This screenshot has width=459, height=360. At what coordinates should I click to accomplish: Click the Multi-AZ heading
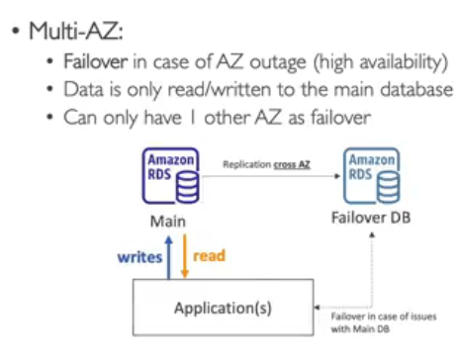tap(76, 32)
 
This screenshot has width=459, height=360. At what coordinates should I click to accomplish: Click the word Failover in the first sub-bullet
tap(96, 61)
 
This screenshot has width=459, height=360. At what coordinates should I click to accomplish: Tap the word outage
tap(278, 62)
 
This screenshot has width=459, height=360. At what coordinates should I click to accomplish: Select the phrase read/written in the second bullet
tap(220, 89)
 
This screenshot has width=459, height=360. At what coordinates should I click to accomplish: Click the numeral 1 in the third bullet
tap(193, 118)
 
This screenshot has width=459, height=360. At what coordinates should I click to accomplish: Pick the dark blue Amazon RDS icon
tap(171, 176)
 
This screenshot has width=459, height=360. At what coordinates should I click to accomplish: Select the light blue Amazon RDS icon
tap(372, 176)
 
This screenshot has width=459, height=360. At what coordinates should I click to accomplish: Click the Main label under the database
tap(168, 222)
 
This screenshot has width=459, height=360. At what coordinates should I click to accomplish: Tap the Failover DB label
tap(371, 218)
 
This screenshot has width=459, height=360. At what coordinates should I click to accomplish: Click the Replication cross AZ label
tap(266, 164)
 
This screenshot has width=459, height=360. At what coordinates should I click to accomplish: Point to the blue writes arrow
tap(169, 257)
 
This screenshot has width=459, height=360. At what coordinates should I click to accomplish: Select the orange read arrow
tap(185, 256)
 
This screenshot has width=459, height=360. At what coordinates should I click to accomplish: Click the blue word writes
tap(140, 257)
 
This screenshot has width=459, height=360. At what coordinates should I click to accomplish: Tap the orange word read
tap(209, 256)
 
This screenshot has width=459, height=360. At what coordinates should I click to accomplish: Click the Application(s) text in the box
tap(223, 308)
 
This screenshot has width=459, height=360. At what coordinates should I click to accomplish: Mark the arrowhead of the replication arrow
tap(337, 176)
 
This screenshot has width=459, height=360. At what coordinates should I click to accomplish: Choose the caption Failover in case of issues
tap(384, 316)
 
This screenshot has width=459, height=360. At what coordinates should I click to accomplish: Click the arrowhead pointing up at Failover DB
tap(372, 234)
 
